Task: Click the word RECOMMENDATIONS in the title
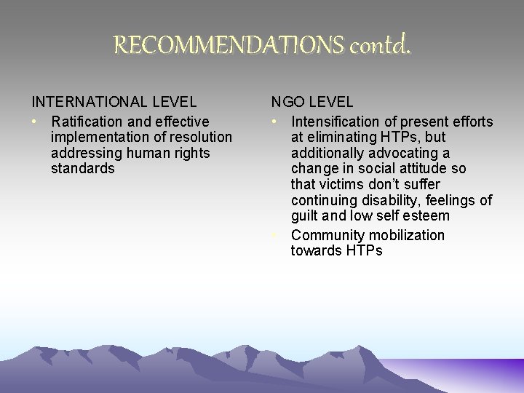tap(229, 47)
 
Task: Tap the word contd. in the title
tap(381, 47)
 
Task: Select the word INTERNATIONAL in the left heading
tap(90, 103)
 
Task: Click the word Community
tap(327, 235)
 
